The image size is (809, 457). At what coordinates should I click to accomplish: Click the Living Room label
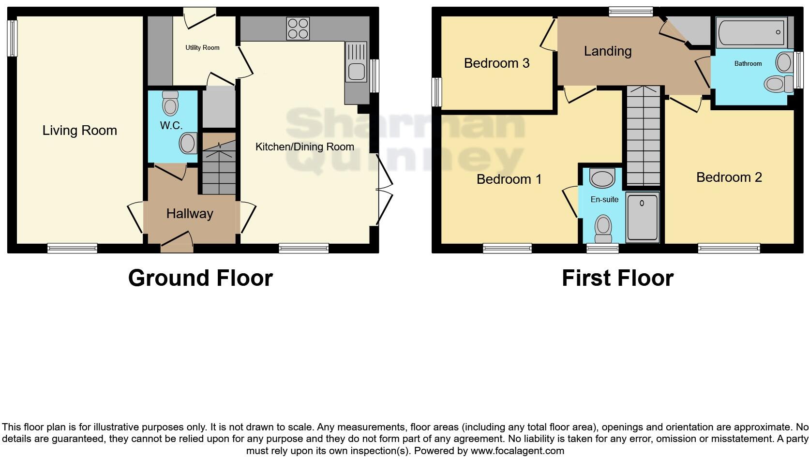(80, 131)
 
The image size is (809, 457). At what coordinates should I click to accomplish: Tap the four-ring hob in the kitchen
(298, 28)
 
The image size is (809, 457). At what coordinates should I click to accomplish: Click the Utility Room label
(202, 47)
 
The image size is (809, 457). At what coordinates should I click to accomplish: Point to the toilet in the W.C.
(170, 102)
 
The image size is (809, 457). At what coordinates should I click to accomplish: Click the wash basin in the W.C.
(187, 144)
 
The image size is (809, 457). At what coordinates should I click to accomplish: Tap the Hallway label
(190, 214)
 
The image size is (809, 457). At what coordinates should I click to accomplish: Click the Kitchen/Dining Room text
(304, 147)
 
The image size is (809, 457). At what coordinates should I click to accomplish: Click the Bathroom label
(748, 63)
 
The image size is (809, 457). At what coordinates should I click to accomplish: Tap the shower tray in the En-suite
(642, 217)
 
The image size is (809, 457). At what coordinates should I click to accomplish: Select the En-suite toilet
(603, 228)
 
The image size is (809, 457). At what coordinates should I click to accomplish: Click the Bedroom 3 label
(496, 63)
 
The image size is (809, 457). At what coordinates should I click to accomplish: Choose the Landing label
(607, 51)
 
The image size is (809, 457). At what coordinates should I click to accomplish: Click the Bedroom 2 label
(729, 177)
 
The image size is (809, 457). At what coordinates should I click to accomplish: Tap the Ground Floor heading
(200, 278)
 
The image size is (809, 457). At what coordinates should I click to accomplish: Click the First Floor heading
(617, 278)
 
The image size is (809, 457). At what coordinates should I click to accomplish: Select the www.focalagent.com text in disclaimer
(517, 451)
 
